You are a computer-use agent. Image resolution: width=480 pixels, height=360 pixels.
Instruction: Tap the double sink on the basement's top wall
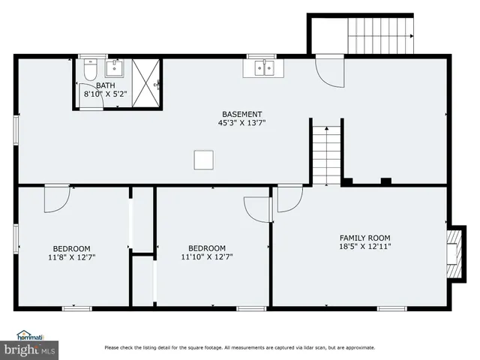coord(263,69)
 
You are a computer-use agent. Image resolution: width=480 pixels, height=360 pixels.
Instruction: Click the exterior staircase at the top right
coord(382,35)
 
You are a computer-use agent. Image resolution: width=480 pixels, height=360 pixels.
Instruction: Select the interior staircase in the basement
coord(326,154)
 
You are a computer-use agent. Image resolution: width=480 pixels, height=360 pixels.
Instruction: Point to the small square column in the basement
coord(203,160)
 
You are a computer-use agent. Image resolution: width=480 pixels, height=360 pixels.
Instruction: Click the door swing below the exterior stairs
coord(328,73)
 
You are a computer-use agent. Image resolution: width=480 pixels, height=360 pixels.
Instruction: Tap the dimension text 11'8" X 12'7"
coord(71,257)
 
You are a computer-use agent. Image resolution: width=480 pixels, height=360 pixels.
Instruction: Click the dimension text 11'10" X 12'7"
coord(207,257)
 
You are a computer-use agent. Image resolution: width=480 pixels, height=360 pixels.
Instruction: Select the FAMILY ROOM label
coord(365,238)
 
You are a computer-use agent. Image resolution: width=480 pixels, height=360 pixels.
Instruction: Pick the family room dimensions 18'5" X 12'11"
coord(365,246)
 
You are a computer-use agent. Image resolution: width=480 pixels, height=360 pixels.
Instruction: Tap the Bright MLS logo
coord(30,349)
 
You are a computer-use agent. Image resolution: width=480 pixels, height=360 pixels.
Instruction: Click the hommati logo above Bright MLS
coord(30,335)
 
